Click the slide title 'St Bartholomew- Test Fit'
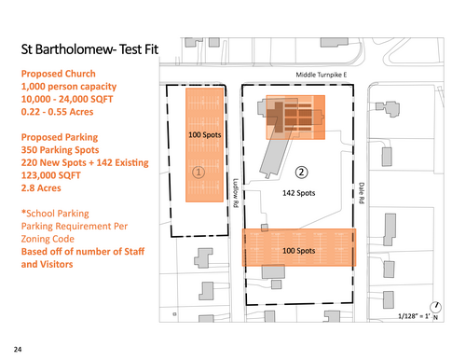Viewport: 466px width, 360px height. pyautogui.click(x=89, y=49)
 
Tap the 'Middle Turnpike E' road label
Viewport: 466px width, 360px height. pyautogui.click(x=321, y=75)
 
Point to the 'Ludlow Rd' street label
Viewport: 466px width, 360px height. pyautogui.click(x=236, y=193)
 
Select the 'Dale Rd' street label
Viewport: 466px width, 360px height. pyautogui.click(x=362, y=193)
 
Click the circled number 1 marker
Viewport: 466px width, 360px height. pyautogui.click(x=199, y=172)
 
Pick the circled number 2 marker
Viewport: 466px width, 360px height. pyautogui.click(x=301, y=172)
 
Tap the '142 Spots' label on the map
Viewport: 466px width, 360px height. pyautogui.click(x=298, y=193)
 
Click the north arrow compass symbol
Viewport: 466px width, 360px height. pyautogui.click(x=435, y=307)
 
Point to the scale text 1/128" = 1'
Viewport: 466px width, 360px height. pyautogui.click(x=414, y=316)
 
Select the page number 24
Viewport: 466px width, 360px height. pyautogui.click(x=18, y=350)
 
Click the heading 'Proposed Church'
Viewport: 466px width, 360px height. pyautogui.click(x=59, y=74)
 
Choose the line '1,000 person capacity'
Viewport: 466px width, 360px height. pyautogui.click(x=69, y=87)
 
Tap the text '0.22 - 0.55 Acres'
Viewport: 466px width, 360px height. pyautogui.click(x=57, y=112)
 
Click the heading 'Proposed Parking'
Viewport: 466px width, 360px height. pyautogui.click(x=60, y=137)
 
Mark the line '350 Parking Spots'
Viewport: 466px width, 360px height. pyautogui.click(x=60, y=150)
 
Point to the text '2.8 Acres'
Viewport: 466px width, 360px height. pyautogui.click(x=41, y=188)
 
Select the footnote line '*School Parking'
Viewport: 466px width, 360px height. pyautogui.click(x=55, y=214)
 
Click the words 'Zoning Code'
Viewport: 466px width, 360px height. pyautogui.click(x=48, y=239)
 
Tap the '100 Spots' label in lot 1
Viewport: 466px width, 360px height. pyautogui.click(x=205, y=135)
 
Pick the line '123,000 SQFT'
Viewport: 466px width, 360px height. pyautogui.click(x=50, y=175)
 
